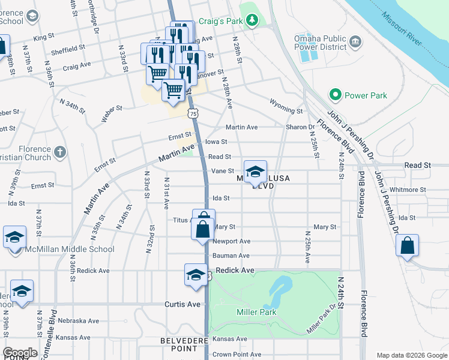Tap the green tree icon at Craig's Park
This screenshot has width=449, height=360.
pyautogui.click(x=253, y=21)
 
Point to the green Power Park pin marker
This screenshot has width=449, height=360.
pyautogui.click(x=335, y=95)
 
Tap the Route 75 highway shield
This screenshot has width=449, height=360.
pyautogui.click(x=192, y=113)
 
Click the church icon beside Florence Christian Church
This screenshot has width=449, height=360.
pyautogui.click(x=59, y=152)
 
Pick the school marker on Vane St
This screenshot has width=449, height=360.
pyautogui.click(x=255, y=172)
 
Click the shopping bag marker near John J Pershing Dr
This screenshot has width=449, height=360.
pyautogui.click(x=407, y=245)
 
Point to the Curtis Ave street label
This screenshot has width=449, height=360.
pyautogui.click(x=182, y=304)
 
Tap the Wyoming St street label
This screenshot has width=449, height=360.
pyautogui.click(x=286, y=110)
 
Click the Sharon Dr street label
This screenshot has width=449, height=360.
pyautogui.click(x=300, y=127)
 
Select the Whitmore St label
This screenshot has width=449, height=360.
pyautogui.click(x=408, y=190)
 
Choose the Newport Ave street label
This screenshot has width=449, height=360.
pyautogui.click(x=232, y=241)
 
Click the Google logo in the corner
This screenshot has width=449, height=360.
pyautogui.click(x=20, y=353)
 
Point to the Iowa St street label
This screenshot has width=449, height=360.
pyautogui.click(x=217, y=142)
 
